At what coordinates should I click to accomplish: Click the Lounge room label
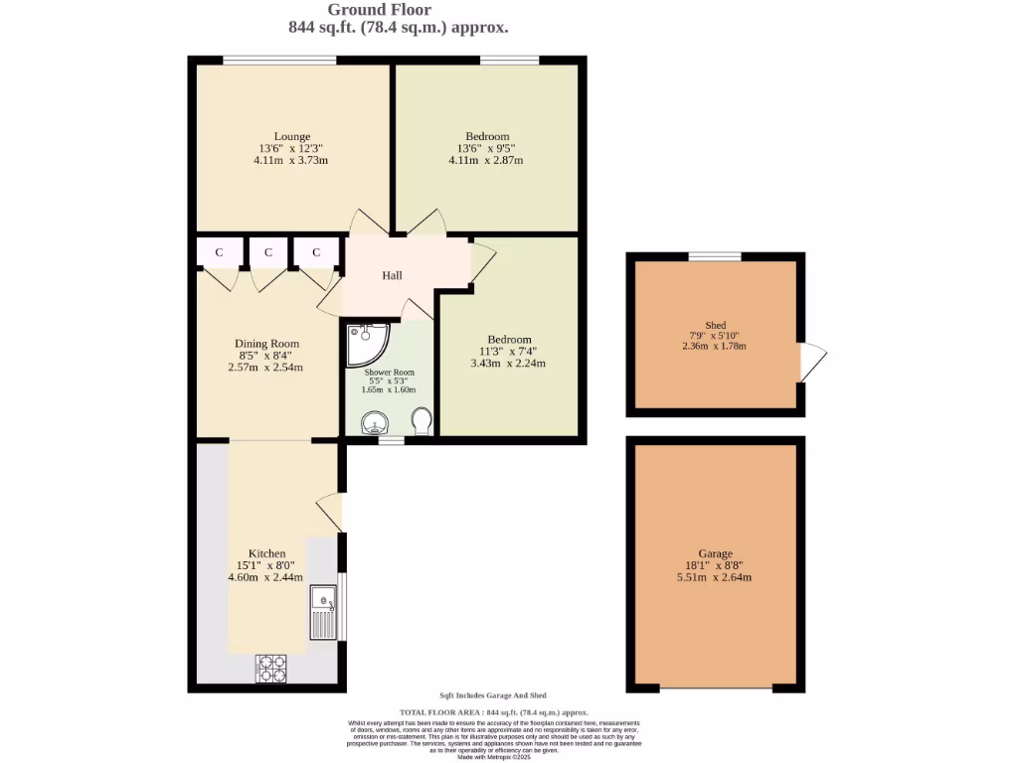tap(292, 136)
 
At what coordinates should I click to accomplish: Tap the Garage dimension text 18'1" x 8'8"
tap(715, 565)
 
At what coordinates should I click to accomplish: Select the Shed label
tap(715, 325)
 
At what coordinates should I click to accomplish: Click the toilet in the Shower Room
tap(421, 421)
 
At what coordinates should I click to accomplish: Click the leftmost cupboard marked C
tap(219, 252)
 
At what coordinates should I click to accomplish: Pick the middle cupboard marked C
tap(267, 252)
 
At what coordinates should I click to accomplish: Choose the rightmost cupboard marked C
tap(316, 252)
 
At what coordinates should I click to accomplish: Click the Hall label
tap(392, 275)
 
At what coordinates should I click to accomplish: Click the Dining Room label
tap(266, 344)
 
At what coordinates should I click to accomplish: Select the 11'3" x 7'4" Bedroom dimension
tap(508, 351)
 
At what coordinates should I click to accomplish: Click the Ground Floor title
tap(366, 10)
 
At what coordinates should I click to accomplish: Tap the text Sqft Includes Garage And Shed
tap(493, 695)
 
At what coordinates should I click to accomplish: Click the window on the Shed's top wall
tap(715, 256)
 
